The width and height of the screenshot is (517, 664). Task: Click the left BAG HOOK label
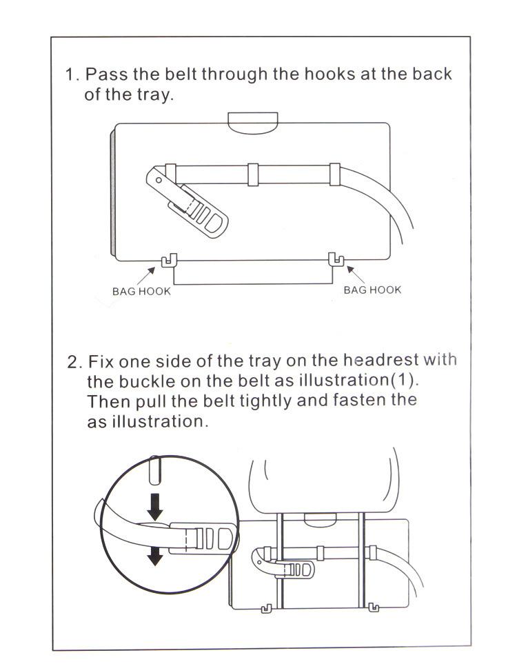click(141, 291)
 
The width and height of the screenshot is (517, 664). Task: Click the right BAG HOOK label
click(372, 290)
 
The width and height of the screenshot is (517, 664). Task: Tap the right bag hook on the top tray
click(336, 260)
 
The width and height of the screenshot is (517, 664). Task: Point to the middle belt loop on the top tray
click(253, 174)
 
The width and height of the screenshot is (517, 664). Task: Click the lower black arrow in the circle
click(156, 554)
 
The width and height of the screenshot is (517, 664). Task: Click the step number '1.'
click(72, 74)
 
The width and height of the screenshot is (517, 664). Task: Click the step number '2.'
click(75, 361)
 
